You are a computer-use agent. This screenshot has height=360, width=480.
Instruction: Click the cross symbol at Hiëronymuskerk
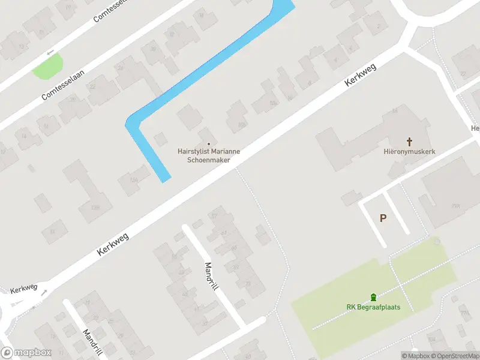[410, 142]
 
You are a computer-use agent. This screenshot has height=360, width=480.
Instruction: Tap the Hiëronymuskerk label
[410, 152]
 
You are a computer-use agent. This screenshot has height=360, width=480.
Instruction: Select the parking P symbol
[383, 218]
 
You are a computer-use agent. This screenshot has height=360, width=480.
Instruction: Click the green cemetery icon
[373, 297]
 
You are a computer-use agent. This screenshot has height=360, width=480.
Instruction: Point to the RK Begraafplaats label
[373, 307]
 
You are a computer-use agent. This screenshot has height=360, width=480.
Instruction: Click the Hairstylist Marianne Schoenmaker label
[209, 156]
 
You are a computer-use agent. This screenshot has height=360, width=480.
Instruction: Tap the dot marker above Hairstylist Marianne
[209, 143]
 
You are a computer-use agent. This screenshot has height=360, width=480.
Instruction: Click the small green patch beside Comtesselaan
[48, 66]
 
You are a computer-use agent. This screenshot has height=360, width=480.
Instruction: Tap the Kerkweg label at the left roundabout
[23, 290]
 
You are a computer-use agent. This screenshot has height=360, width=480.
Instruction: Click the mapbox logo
[26, 353]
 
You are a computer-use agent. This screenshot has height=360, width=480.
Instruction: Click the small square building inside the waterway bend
[160, 139]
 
